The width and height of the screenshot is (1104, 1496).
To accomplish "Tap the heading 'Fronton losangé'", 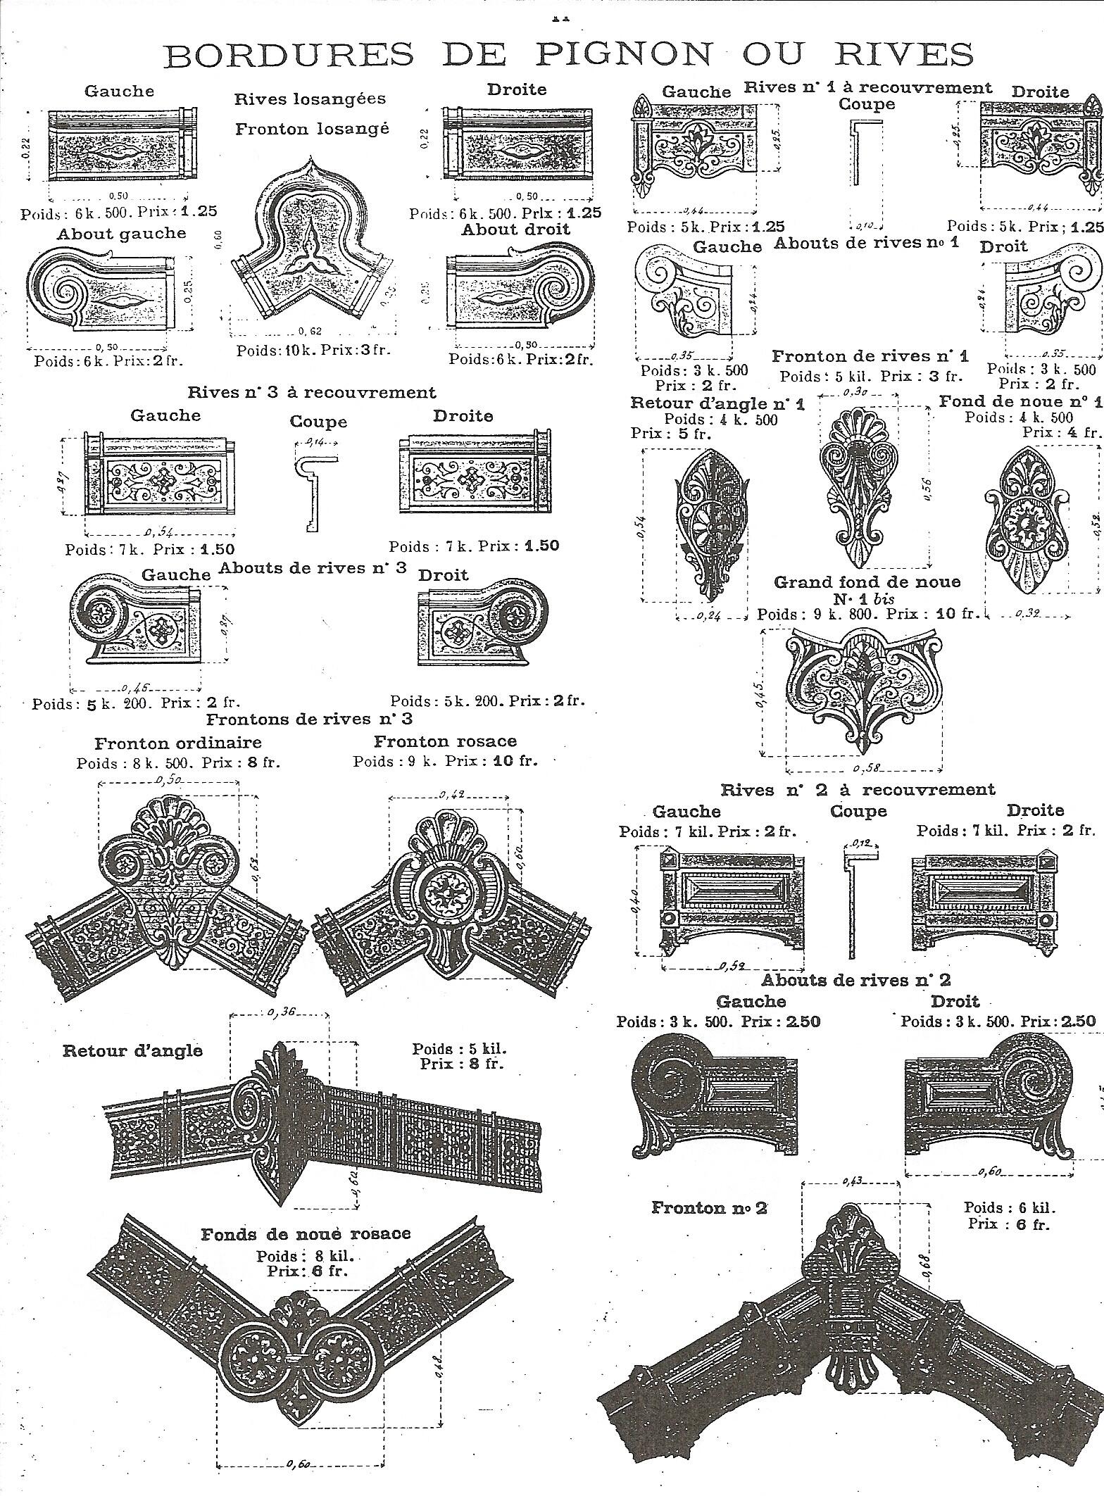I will [x=312, y=130].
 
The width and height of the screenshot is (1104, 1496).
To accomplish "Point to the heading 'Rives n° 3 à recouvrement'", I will [x=312, y=392].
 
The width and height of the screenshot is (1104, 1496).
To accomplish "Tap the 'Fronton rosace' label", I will [x=445, y=741].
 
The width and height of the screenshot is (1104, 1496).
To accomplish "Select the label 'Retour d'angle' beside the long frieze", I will [x=132, y=1051].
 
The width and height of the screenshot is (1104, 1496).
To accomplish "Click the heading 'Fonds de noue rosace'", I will [x=306, y=1234].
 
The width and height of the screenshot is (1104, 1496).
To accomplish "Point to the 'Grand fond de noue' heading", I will [x=867, y=582].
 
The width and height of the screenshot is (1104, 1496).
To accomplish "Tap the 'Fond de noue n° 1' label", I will [x=1020, y=401].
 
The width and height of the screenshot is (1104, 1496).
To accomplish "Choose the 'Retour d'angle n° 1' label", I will [x=717, y=403].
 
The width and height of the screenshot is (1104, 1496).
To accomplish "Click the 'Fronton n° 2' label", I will [x=709, y=1208].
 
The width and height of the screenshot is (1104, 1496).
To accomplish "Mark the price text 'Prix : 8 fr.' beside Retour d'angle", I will [x=462, y=1063].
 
